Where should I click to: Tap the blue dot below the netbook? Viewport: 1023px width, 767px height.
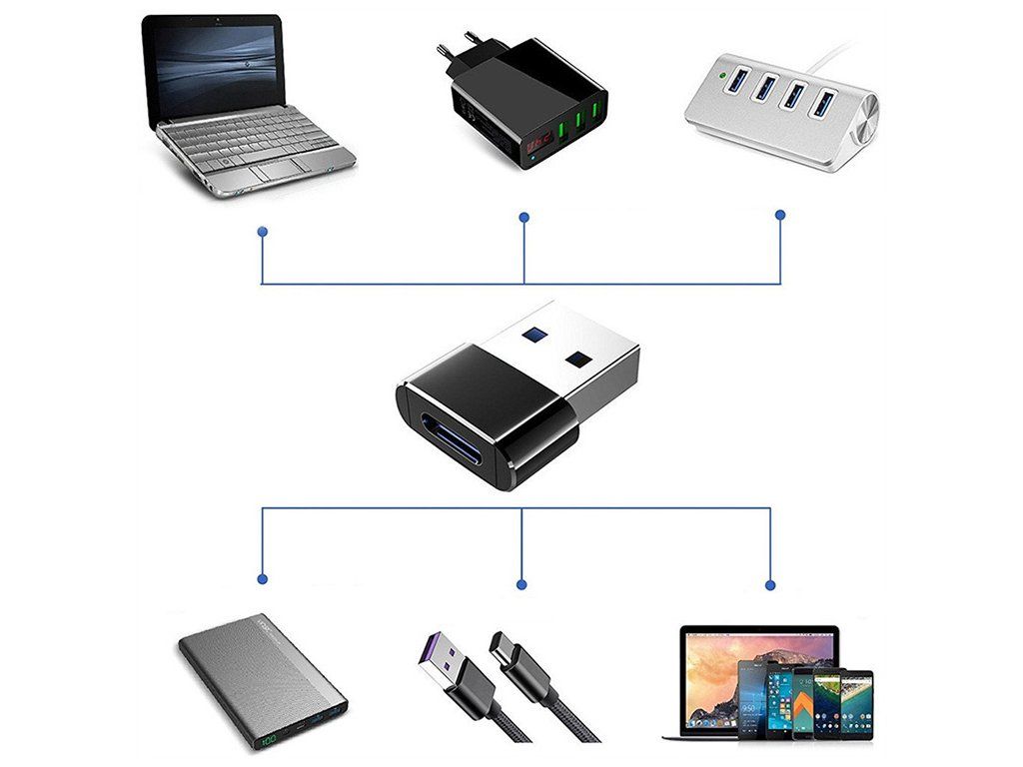coord(262,231)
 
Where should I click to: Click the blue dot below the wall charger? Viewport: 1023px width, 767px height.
coord(523,217)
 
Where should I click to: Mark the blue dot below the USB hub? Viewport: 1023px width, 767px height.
coord(780,215)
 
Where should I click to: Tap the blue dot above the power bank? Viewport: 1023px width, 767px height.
coord(262,578)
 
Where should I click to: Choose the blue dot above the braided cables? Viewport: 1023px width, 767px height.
coord(520,583)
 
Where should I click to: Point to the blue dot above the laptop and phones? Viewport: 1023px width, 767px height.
coord(769,584)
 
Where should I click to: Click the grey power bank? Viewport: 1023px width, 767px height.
coord(263,678)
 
